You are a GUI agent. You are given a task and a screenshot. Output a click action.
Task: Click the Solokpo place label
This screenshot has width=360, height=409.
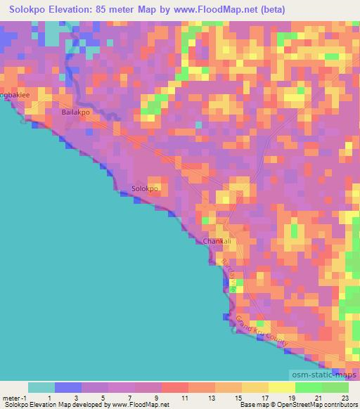pyautogui.click(x=146, y=189)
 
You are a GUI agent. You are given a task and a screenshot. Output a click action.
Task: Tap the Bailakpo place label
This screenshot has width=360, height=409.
pyautogui.click(x=77, y=112)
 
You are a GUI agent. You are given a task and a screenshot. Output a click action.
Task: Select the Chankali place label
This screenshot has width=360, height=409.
pyautogui.click(x=217, y=241)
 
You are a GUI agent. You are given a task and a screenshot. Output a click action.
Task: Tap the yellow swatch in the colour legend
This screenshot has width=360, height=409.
pyautogui.click(x=281, y=387)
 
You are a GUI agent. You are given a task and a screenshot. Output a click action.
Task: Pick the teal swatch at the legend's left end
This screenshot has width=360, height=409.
pyautogui.click(x=41, y=387)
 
